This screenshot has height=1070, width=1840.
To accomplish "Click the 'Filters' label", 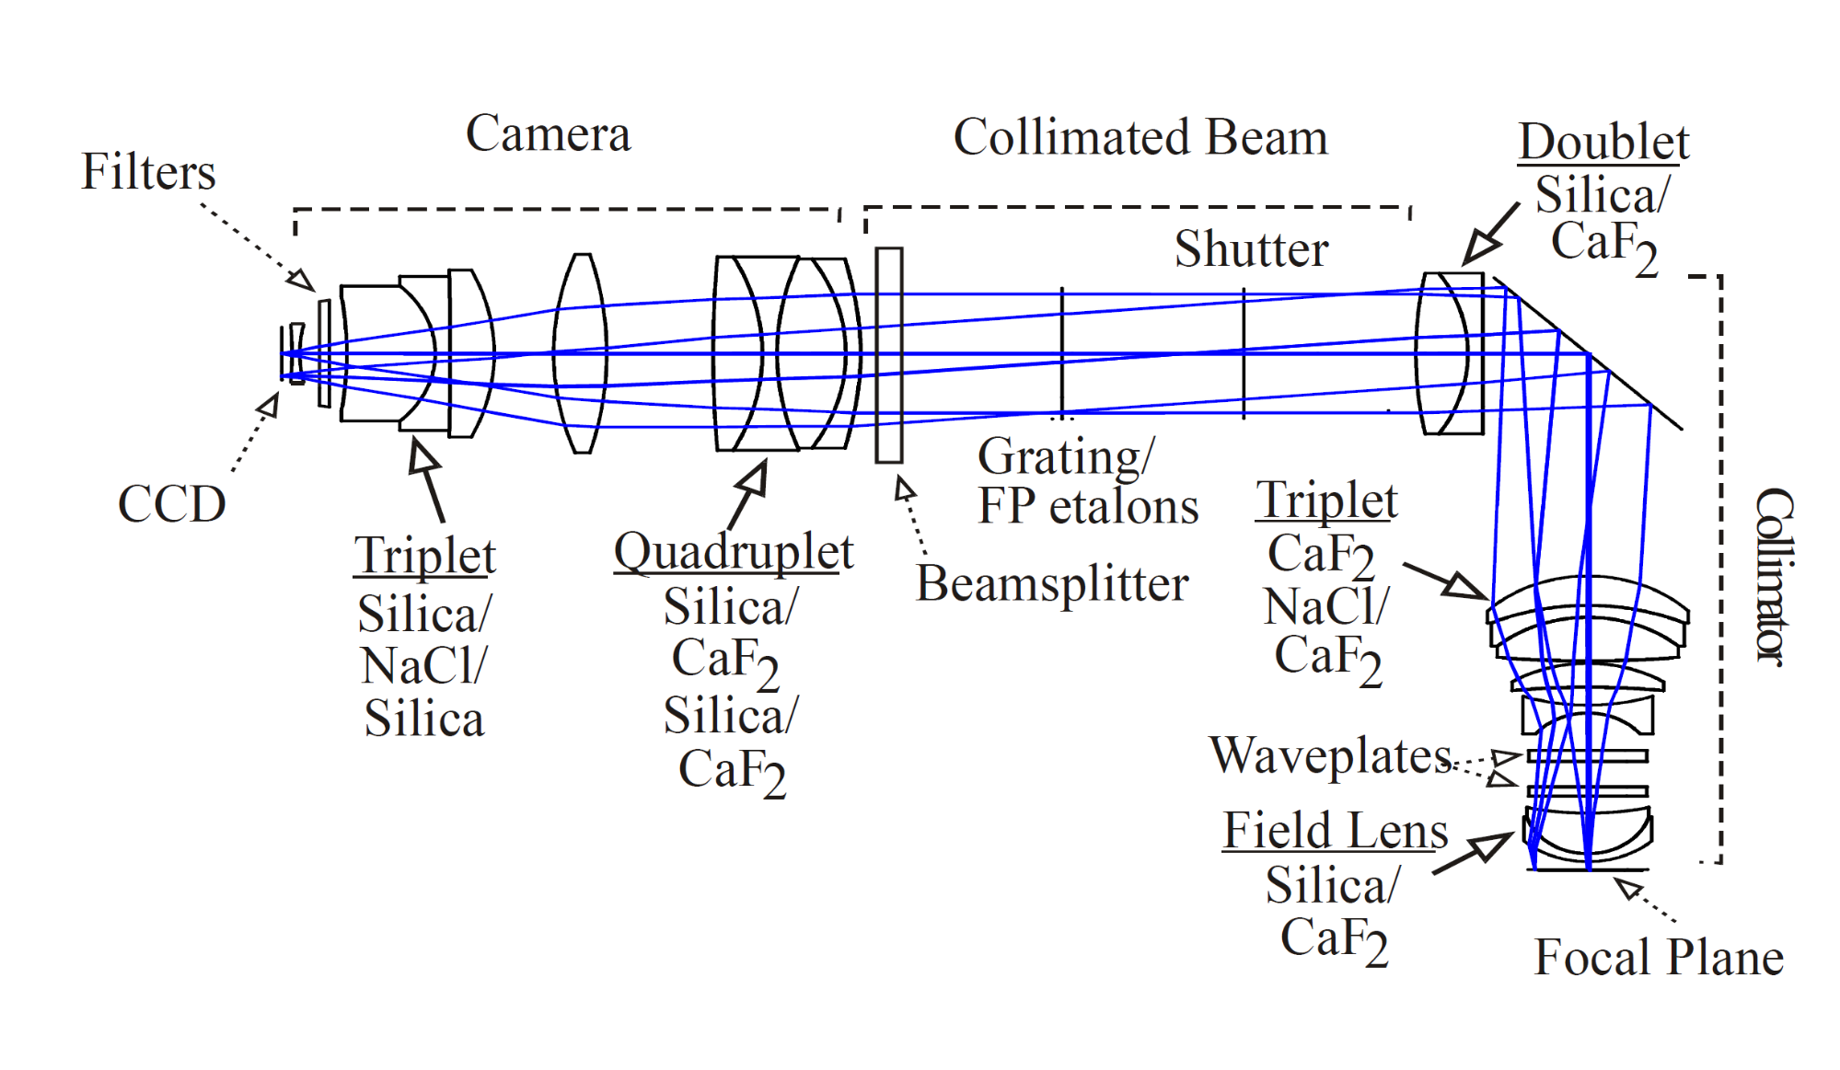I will point(148,172).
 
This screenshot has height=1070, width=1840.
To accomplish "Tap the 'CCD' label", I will point(171,504).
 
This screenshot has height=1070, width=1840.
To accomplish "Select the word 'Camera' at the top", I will point(548,134).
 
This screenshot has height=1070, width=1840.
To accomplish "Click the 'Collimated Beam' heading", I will point(1140,138).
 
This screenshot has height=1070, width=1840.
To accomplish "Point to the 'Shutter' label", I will point(1251,249).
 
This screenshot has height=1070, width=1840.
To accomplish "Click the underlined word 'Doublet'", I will point(1603,143).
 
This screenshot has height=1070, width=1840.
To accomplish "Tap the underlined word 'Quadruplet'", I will point(734,553).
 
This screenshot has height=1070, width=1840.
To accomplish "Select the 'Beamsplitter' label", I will point(1052,584).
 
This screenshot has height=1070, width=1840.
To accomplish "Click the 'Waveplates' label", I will point(1330,756).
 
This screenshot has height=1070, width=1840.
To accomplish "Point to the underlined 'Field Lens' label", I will point(1335,831).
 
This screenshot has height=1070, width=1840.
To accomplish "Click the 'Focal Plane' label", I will point(1659,958).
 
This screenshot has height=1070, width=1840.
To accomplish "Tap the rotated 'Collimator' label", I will point(1773,577).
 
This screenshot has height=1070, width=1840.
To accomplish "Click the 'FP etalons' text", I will point(1088,507).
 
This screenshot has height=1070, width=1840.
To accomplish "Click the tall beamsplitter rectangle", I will point(889,354).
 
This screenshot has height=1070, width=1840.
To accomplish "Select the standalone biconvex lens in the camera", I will point(580,354).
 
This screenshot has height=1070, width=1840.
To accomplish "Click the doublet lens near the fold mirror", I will point(1451,353).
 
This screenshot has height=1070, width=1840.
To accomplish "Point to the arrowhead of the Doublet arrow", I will point(1478,249).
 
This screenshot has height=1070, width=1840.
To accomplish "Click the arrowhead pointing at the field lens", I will point(1498,842).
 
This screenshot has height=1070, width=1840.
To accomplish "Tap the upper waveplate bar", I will point(1587,756).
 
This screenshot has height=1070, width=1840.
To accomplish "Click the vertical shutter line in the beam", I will point(1244,353).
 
